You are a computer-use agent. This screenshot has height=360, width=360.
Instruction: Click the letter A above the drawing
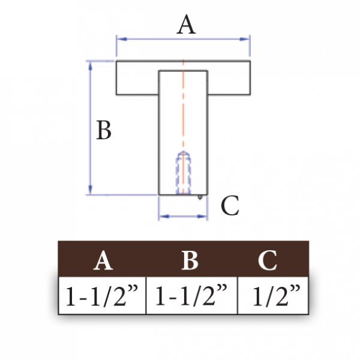pyautogui.click(x=186, y=25)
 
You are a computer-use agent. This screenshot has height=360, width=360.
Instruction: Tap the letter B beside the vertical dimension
pyautogui.click(x=104, y=130)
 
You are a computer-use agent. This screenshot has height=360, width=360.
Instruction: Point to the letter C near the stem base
pyautogui.click(x=230, y=205)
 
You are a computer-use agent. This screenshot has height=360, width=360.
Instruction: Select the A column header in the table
pyautogui.click(x=103, y=260)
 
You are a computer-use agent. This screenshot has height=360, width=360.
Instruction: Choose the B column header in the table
pyautogui.click(x=190, y=260)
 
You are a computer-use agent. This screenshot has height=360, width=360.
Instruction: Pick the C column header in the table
pyautogui.click(x=268, y=260)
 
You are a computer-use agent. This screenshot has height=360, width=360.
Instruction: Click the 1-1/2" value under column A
pyautogui.click(x=102, y=295)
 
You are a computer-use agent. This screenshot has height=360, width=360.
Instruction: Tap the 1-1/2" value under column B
pyautogui.click(x=191, y=295)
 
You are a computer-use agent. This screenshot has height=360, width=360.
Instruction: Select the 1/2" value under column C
pyautogui.click(x=276, y=295)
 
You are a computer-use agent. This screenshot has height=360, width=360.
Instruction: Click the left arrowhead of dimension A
pyautogui.click(x=122, y=39)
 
